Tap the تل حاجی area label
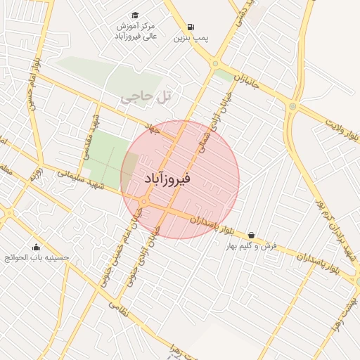tap(146, 98)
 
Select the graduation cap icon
tap(134, 15)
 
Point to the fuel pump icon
tap(182, 27)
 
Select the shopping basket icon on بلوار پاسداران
tap(252, 235)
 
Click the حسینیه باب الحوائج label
tap(37, 258)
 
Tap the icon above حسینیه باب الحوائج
tap(37, 247)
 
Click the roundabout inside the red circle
tap(143, 202)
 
